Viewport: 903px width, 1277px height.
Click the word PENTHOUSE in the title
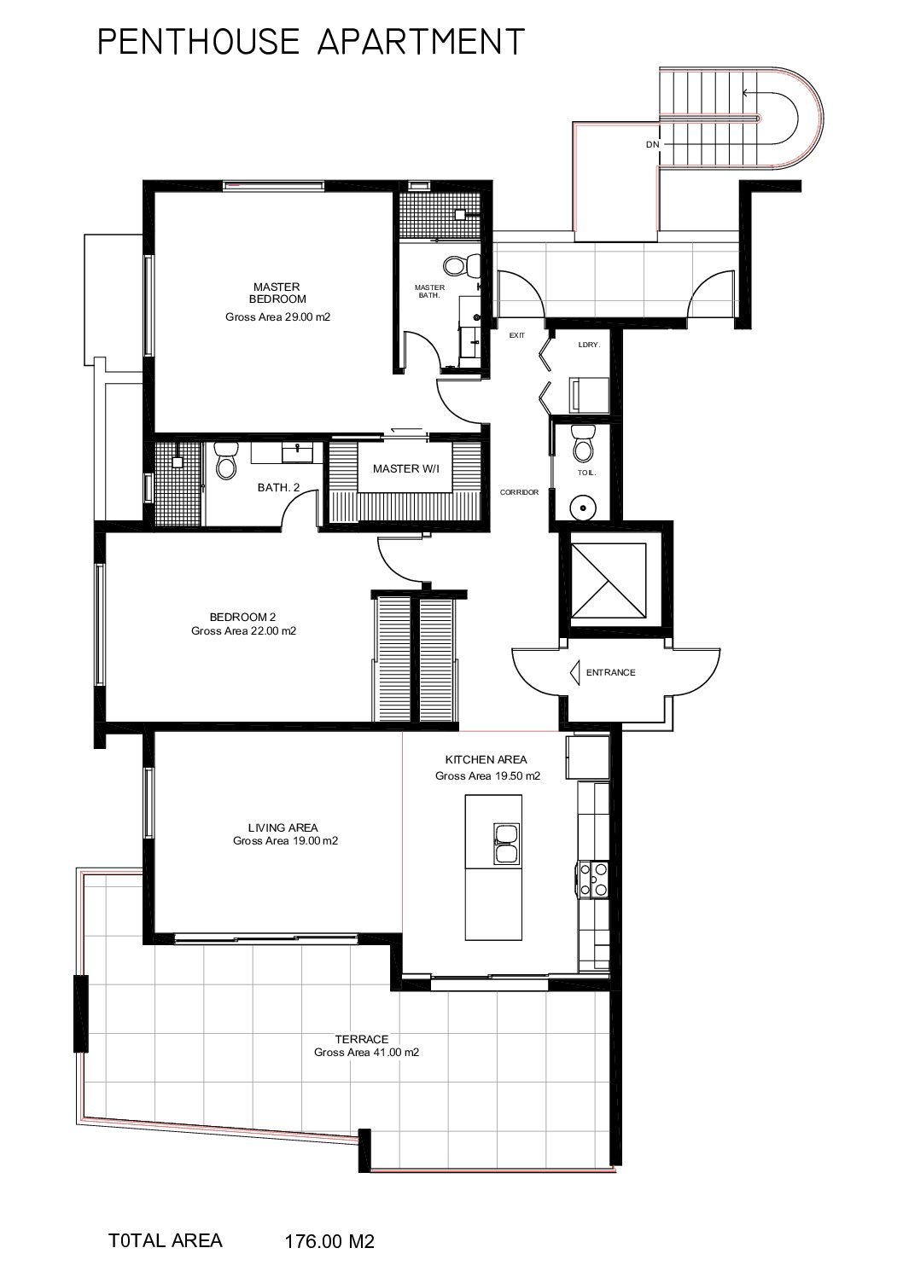[x=199, y=42]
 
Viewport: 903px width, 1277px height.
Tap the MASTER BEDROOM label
[x=277, y=293]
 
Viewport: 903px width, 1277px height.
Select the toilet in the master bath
[x=462, y=264]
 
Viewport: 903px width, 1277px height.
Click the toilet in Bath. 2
[x=226, y=461]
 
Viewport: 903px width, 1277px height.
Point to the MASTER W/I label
[x=405, y=468]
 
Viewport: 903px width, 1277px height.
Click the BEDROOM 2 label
[x=242, y=617]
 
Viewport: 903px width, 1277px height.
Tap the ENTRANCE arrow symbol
[x=574, y=672]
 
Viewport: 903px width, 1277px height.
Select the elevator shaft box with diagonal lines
[x=609, y=580]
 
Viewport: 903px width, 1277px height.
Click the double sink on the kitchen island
[x=506, y=843]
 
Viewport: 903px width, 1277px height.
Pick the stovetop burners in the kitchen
[x=593, y=879]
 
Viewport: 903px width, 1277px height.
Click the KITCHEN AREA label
[x=486, y=759]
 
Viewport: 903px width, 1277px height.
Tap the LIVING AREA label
[x=283, y=827]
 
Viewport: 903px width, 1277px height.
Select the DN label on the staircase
[x=653, y=145]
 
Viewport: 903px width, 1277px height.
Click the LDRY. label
[x=589, y=345]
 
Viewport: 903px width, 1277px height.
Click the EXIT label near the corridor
[x=517, y=335]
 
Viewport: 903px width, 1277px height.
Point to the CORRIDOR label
[x=519, y=492]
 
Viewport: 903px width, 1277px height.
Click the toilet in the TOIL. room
[x=583, y=443]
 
